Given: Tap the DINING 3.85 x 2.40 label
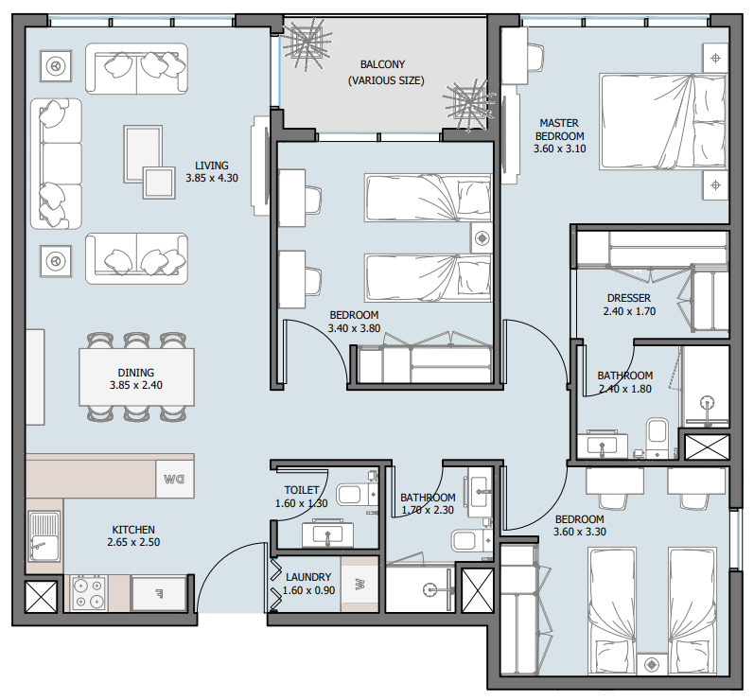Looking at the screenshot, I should pyautogui.click(x=136, y=379).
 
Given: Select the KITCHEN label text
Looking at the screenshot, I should pyautogui.click(x=132, y=535).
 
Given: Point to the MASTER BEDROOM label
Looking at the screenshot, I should pyautogui.click(x=559, y=135).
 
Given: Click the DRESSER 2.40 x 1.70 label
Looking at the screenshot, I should pyautogui.click(x=629, y=304).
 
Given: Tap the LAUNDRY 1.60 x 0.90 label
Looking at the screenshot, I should pyautogui.click(x=307, y=584).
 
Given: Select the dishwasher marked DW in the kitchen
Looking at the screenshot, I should pyautogui.click(x=173, y=479).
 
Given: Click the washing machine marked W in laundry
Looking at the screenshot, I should pyautogui.click(x=359, y=584).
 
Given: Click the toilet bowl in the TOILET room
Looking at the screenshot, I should pyautogui.click(x=350, y=494).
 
